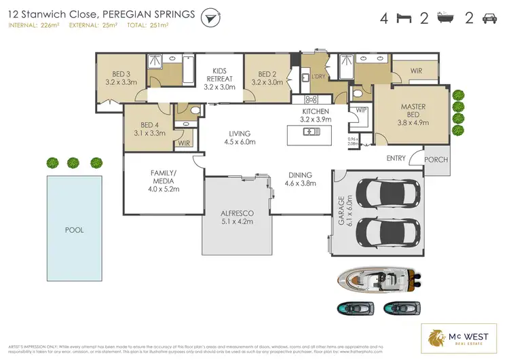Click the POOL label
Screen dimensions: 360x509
tap(75, 230)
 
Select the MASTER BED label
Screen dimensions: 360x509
tap(413, 111)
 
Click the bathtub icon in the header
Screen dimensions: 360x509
tap(446, 18)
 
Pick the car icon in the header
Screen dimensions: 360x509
tap(489, 18)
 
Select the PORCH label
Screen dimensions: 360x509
tap(435, 159)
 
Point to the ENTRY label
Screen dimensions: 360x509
tap(396, 159)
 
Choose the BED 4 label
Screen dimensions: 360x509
tap(149, 129)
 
